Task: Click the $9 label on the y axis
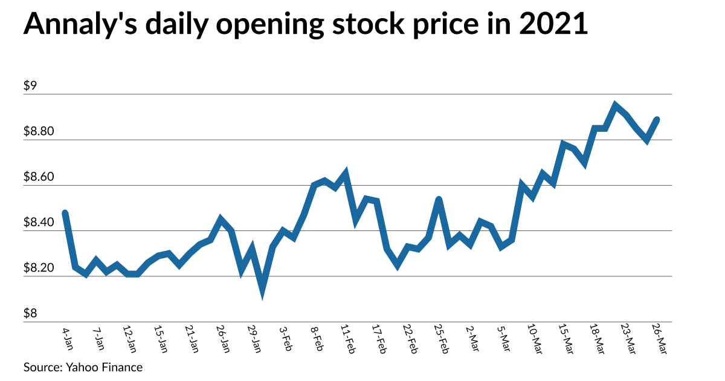point(30,86)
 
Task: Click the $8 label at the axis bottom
point(30,314)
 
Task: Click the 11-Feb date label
point(347,340)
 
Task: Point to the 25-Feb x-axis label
point(440,340)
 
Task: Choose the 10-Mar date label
point(534,340)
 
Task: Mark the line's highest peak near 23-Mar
point(615,106)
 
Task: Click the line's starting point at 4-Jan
point(65,213)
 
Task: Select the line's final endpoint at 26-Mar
point(657,120)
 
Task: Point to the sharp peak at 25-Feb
point(439,199)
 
